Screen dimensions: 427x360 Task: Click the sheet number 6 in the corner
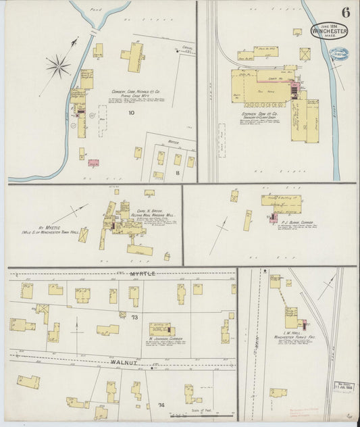click(345, 11)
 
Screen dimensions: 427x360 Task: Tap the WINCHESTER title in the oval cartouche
click(330, 31)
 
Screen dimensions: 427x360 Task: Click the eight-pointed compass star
click(58, 66)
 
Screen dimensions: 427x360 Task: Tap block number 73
click(134, 317)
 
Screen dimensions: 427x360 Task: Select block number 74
click(161, 405)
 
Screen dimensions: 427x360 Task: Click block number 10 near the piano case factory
click(132, 114)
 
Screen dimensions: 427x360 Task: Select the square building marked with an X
click(305, 53)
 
